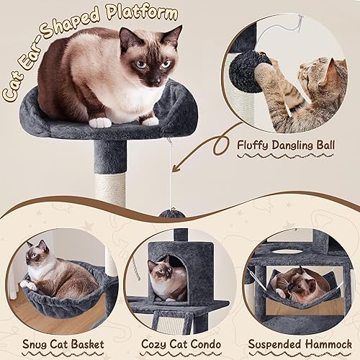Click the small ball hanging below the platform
tap(170, 213)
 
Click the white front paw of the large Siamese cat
tap(100, 122)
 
